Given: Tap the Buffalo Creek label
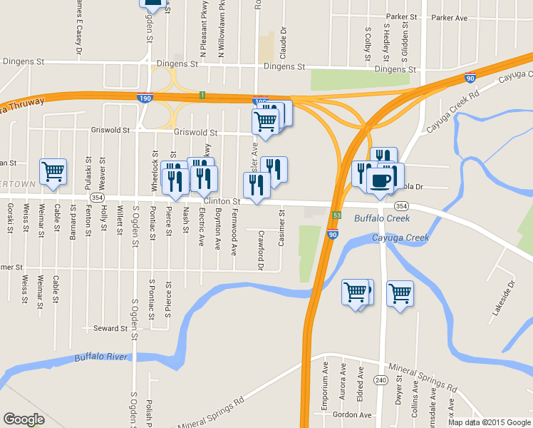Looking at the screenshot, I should pyautogui.click(x=382, y=218).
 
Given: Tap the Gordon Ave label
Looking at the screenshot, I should pyautogui.click(x=353, y=414).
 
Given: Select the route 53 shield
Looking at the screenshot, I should pyautogui.click(x=336, y=214).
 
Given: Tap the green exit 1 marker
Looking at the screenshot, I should pyautogui.click(x=202, y=95).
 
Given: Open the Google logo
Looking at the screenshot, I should pyautogui.click(x=24, y=419).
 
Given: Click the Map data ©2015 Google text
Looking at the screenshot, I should pyautogui.click(x=489, y=422).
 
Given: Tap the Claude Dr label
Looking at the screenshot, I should pyautogui.click(x=283, y=43).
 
